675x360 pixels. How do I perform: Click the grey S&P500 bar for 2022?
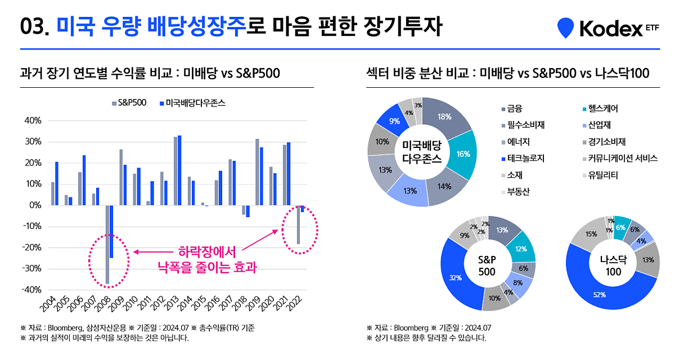298,224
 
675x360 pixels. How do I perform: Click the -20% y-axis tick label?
31,247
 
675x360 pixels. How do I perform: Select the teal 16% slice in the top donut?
463,153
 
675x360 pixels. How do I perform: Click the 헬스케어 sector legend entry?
599,109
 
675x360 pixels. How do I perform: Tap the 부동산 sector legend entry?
515,192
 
